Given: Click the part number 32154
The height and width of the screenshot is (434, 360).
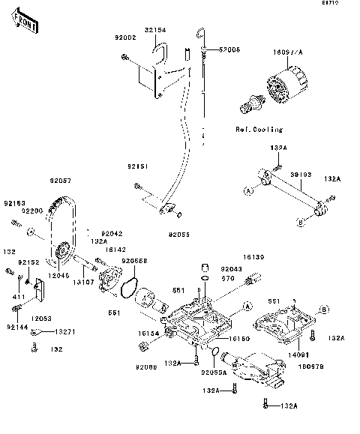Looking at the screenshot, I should (x=154, y=29).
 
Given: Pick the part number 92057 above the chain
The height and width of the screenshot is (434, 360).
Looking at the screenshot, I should (x=61, y=181).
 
